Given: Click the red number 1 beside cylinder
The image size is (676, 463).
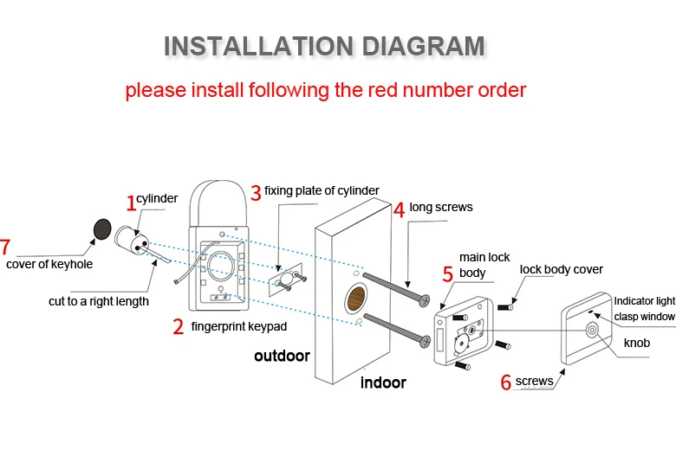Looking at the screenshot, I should (x=131, y=203).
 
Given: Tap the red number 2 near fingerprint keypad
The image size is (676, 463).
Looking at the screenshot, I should (x=178, y=327).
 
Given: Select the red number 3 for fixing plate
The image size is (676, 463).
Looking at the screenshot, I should (x=255, y=192).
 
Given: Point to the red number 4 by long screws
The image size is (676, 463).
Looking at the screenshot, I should (x=399, y=209).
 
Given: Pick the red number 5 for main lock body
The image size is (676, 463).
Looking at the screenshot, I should (x=447, y=274).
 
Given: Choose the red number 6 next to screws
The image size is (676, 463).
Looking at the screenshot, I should (x=506, y=383).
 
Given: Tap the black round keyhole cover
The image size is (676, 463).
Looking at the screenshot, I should (x=103, y=228).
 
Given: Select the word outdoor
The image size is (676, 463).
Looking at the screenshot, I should (x=282, y=356).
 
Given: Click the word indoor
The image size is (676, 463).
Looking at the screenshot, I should (x=383, y=382).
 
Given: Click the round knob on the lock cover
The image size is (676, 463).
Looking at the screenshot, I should (x=593, y=330).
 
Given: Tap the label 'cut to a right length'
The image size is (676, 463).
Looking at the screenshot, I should (x=99, y=302).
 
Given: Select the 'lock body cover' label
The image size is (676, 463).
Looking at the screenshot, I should (x=561, y=269).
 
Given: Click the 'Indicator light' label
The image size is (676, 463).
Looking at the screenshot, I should (x=644, y=301).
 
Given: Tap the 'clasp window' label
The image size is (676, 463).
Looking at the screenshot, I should (x=644, y=317).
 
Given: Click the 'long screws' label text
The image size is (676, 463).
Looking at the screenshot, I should (x=441, y=208).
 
